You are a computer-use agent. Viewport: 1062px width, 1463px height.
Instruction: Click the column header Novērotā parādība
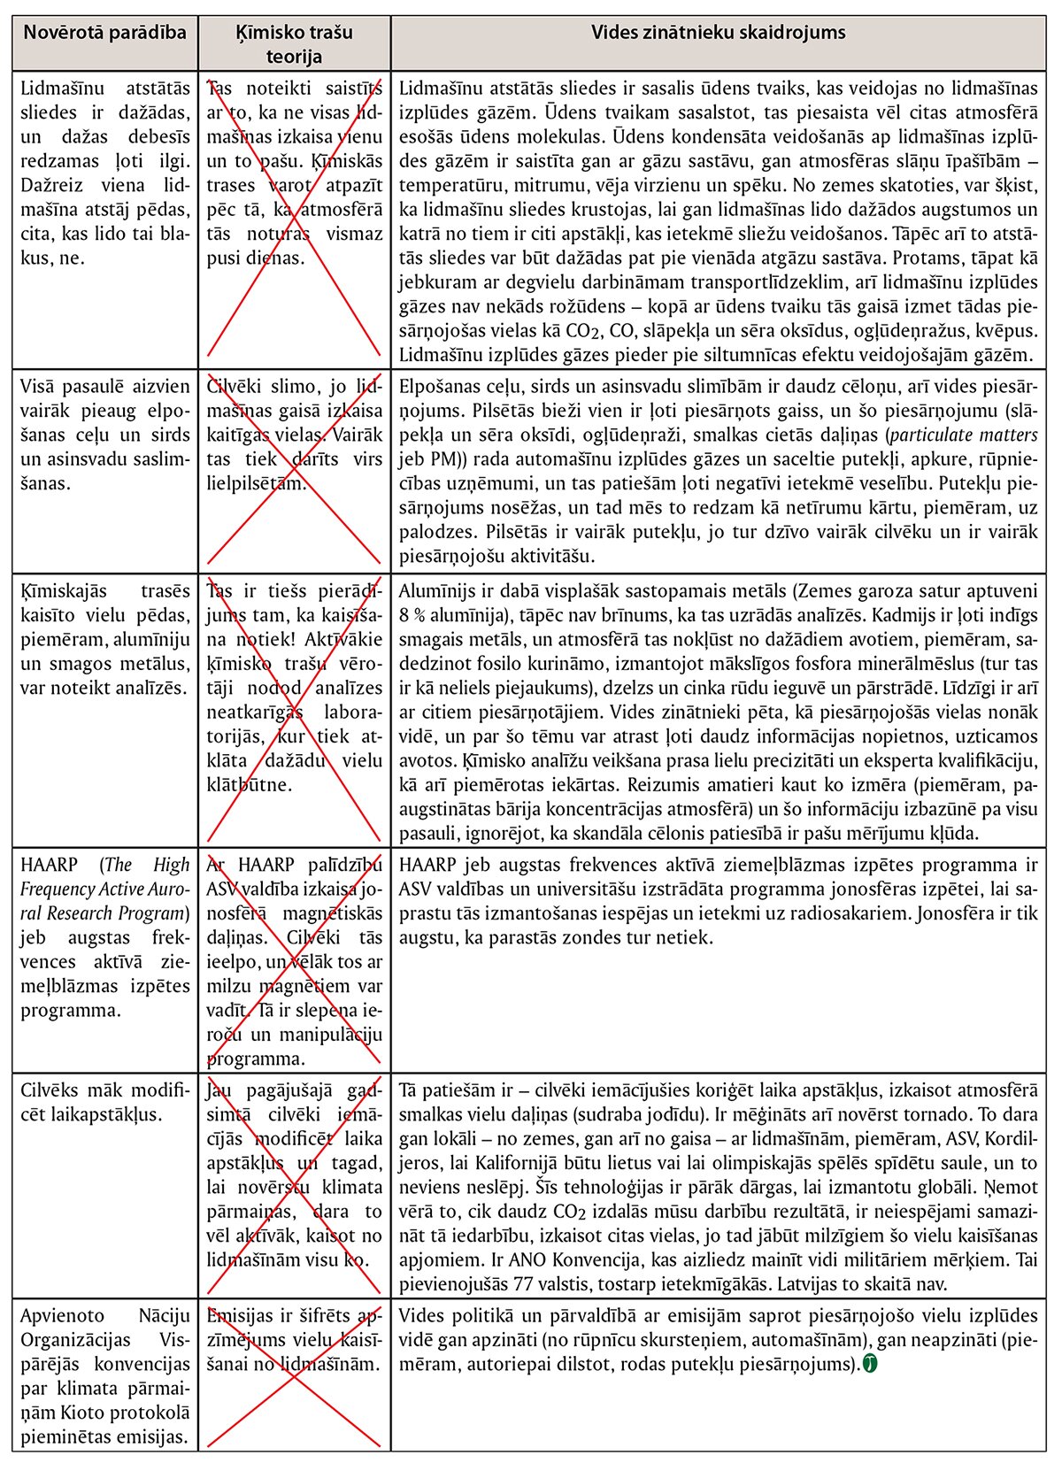click(x=104, y=34)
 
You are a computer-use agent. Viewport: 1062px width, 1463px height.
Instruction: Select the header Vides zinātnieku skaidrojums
click(x=718, y=34)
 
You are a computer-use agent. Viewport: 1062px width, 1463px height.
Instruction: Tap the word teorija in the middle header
click(x=295, y=57)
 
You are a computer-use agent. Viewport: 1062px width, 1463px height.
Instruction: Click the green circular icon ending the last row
click(x=870, y=1364)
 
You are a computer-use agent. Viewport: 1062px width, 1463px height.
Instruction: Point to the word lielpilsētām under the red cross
click(x=257, y=483)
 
